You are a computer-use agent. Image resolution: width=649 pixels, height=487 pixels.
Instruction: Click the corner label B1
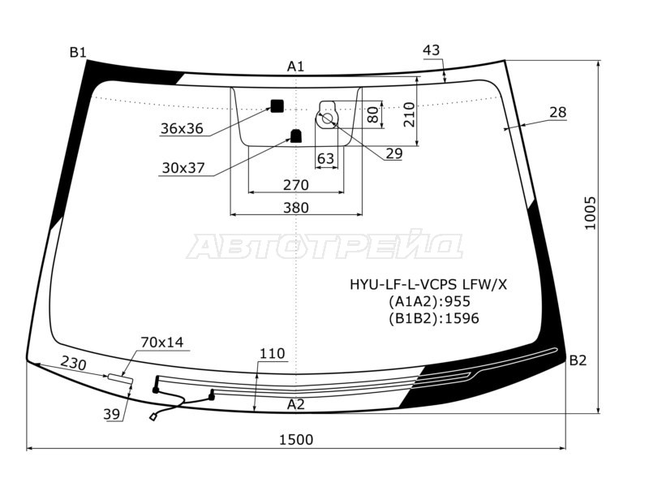[78, 53]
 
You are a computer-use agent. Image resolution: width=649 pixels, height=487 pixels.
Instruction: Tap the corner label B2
[578, 360]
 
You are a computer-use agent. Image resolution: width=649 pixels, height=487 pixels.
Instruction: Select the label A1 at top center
[296, 67]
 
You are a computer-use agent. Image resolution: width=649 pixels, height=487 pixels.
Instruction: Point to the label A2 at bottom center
[296, 404]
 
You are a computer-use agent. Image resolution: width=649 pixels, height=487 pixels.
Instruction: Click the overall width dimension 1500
[296, 439]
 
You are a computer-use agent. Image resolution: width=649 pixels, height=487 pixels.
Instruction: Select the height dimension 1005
[590, 213]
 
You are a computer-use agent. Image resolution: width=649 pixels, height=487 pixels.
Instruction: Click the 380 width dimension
[296, 208]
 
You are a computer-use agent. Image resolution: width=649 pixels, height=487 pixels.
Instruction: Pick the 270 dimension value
[296, 185]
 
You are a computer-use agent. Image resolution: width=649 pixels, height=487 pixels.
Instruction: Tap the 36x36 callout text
[182, 128]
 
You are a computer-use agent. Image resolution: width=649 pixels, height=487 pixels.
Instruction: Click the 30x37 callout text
[183, 168]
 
